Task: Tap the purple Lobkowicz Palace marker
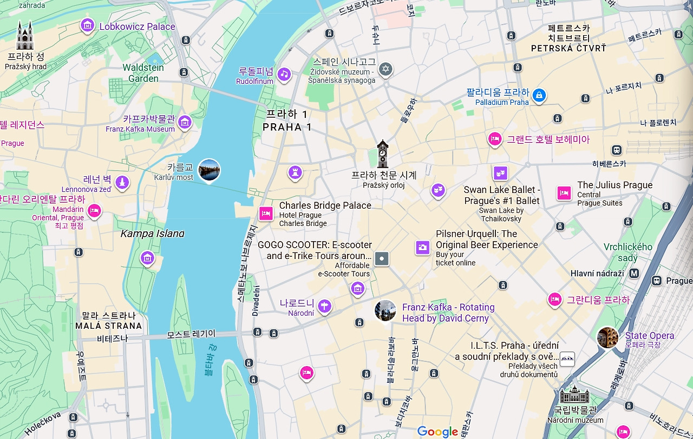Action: click(x=87, y=25)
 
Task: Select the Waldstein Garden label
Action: click(x=143, y=73)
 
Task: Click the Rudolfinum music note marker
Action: click(x=284, y=75)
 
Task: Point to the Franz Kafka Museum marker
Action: click(x=185, y=122)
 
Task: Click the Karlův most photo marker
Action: click(x=209, y=170)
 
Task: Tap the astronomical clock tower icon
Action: click(x=383, y=154)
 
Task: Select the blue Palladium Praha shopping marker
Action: click(x=538, y=96)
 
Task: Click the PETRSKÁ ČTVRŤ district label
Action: click(x=568, y=48)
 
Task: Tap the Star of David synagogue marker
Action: click(x=385, y=69)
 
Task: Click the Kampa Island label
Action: click(x=152, y=234)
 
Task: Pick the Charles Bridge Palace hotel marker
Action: click(x=265, y=213)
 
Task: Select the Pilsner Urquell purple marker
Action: click(x=422, y=247)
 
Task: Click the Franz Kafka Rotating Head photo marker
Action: click(x=385, y=310)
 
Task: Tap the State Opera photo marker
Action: click(x=607, y=337)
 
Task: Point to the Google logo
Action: click(x=437, y=431)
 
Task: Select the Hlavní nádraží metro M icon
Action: click(x=633, y=274)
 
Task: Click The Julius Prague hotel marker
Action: click(x=564, y=192)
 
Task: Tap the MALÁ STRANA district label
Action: click(x=109, y=326)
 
